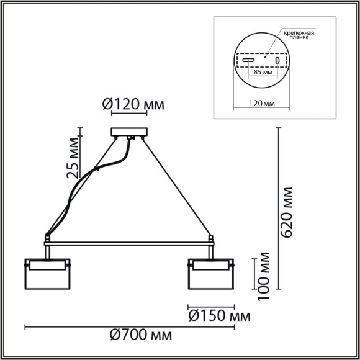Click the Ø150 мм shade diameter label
click(x=215, y=317)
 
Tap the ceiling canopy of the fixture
click(x=129, y=132)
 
